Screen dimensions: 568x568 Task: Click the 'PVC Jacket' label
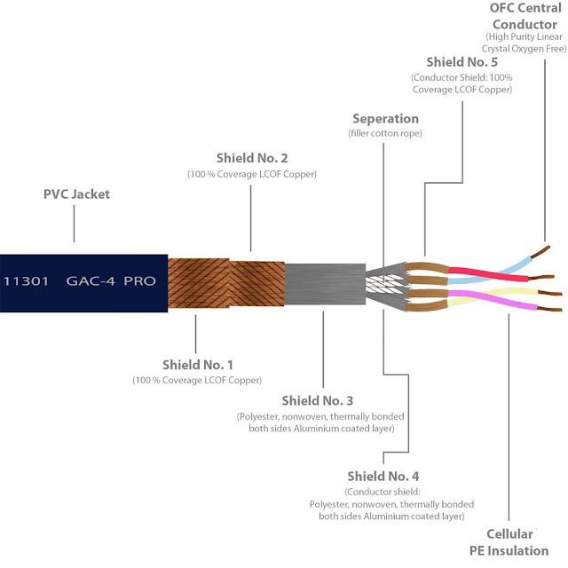click(x=76, y=193)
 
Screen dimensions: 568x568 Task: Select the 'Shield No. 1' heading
click(x=197, y=364)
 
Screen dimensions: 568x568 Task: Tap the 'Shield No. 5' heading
click(x=461, y=61)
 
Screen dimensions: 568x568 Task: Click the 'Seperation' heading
click(x=384, y=118)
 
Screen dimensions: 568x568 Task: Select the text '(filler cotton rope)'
click(x=384, y=133)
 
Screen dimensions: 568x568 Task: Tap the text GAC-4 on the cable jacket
click(x=90, y=280)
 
